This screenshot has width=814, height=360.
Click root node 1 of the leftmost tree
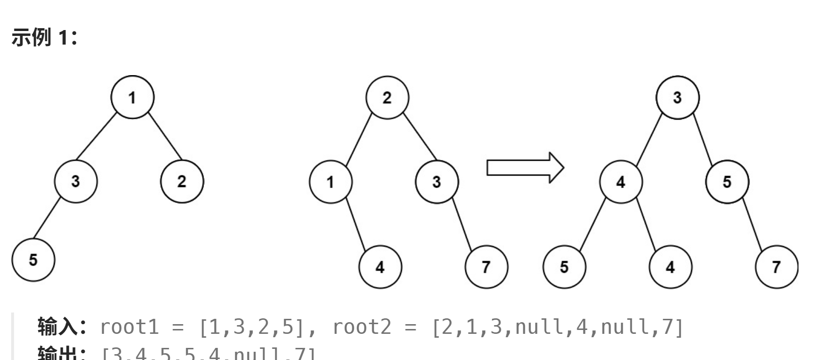pos(132,97)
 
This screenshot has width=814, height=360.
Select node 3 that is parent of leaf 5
pos(76,181)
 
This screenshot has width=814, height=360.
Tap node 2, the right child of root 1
pos(182,181)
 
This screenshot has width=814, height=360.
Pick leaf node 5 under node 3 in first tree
pos(33,260)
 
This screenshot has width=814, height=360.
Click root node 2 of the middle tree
pos(387,97)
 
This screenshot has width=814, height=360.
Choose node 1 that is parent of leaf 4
pos(331,182)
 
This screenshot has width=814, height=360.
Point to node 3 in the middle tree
pos(437,182)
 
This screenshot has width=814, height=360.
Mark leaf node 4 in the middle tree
pos(380,266)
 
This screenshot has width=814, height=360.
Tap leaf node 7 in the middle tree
pos(486,266)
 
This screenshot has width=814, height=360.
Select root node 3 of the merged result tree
pos(677,97)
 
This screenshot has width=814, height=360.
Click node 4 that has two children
pos(621,182)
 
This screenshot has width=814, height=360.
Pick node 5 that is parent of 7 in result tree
pos(727,182)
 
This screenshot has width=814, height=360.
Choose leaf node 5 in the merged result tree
pos(565,266)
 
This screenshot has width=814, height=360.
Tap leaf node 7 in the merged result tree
pos(777,266)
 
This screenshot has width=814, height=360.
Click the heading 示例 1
pos(44,37)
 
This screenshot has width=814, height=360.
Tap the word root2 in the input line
pos(361,327)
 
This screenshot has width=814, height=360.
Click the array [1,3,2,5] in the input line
pos(251,327)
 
